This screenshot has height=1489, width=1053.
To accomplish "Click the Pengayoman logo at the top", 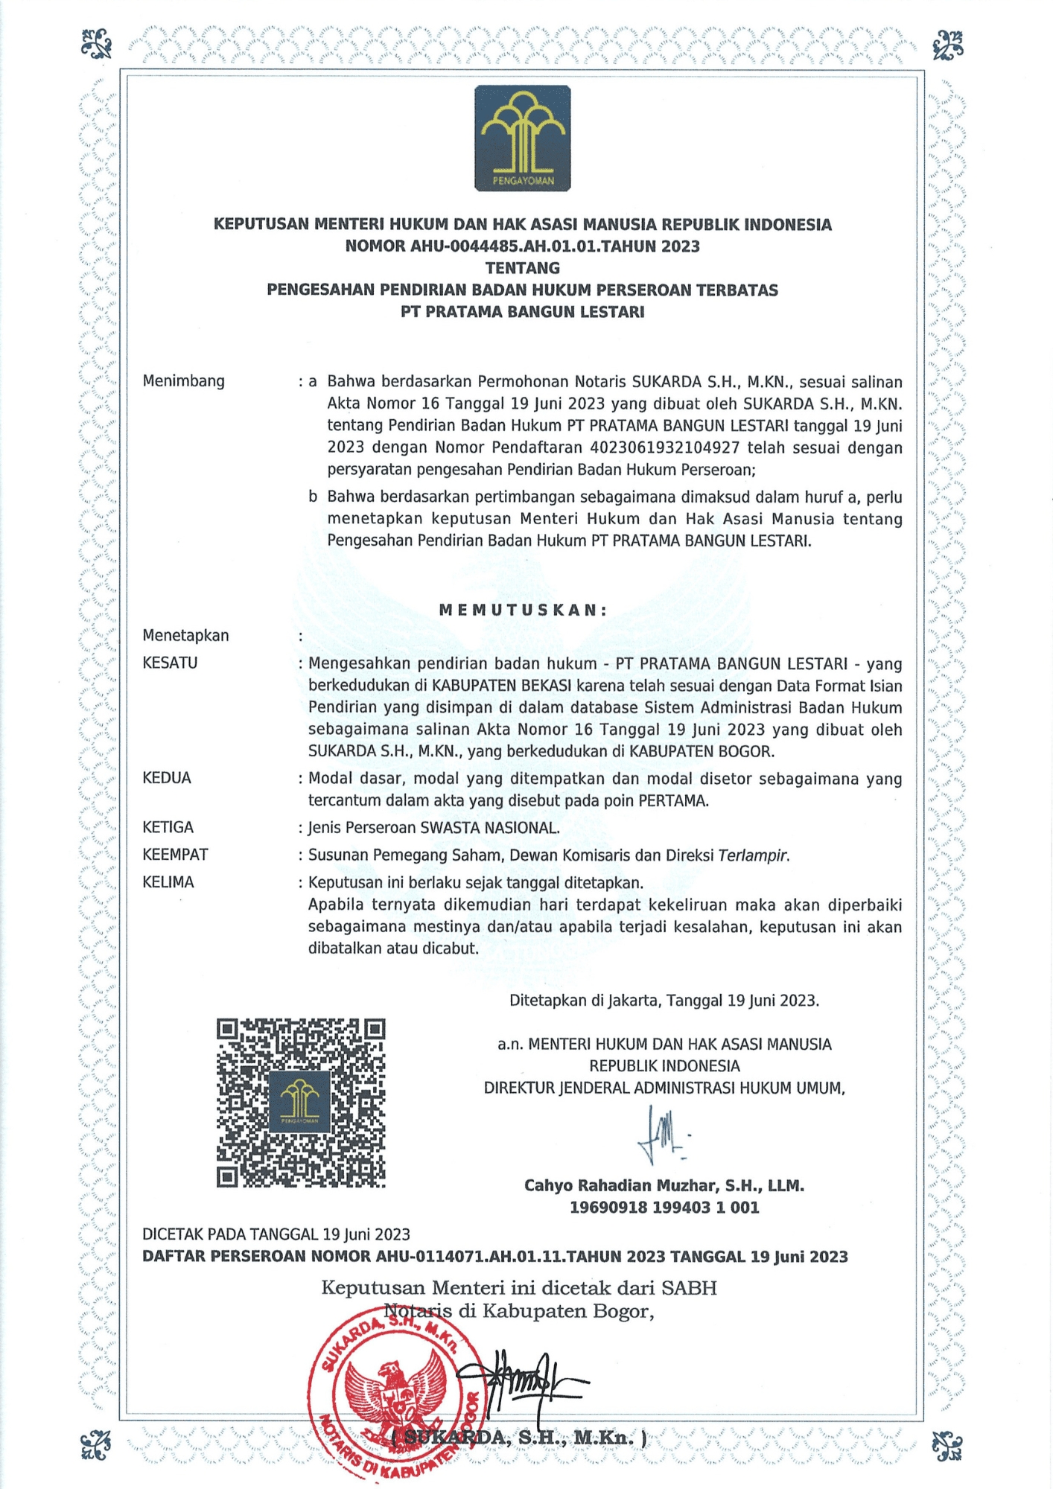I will (523, 138).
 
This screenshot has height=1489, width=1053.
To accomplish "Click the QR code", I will (301, 1103).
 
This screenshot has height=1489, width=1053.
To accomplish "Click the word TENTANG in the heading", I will (523, 268).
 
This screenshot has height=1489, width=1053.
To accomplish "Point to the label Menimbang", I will (183, 381).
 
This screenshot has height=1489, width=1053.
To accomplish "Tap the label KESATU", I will (170, 663).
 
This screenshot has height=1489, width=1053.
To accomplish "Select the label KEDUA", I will (167, 778).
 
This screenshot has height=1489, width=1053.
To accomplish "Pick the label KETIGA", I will (168, 827).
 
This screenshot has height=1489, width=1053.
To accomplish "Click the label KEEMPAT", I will (175, 855).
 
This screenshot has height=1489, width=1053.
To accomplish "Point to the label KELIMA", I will (168, 882).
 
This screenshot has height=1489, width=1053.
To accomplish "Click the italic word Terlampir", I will (753, 855).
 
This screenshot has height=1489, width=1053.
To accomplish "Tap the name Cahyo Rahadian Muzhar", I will (623, 1186).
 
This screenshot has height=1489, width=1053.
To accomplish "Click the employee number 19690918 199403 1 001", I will (664, 1208).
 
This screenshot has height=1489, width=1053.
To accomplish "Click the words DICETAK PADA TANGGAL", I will (231, 1234).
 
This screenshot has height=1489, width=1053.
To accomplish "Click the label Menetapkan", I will (185, 636).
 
